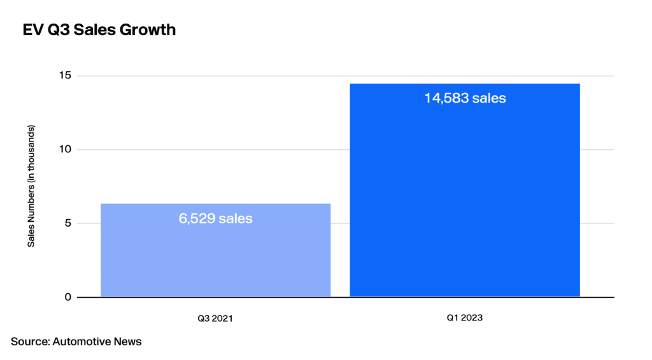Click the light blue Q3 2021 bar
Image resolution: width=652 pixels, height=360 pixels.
[215, 250]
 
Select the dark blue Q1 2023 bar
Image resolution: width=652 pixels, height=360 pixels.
[465, 191]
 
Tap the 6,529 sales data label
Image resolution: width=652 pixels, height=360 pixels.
[215, 219]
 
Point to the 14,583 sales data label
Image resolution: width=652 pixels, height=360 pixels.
[465, 98]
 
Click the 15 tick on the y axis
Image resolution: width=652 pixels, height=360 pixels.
[66, 75]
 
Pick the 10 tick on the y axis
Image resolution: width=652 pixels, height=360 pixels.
[66, 149]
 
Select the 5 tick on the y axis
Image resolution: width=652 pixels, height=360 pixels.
[67, 223]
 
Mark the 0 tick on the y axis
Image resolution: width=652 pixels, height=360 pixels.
[67, 297]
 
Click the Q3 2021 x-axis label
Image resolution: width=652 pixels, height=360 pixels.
[215, 319]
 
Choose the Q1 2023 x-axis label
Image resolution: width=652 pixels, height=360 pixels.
[464, 317]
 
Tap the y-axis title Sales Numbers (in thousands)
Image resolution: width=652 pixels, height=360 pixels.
[31, 186]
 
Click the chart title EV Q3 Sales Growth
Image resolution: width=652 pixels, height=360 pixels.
[99, 29]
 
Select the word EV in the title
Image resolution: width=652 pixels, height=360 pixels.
[33, 29]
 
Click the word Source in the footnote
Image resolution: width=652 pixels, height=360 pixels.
[31, 342]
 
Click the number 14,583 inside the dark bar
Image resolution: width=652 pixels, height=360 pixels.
[446, 98]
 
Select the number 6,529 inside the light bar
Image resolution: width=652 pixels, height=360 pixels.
[197, 219]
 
